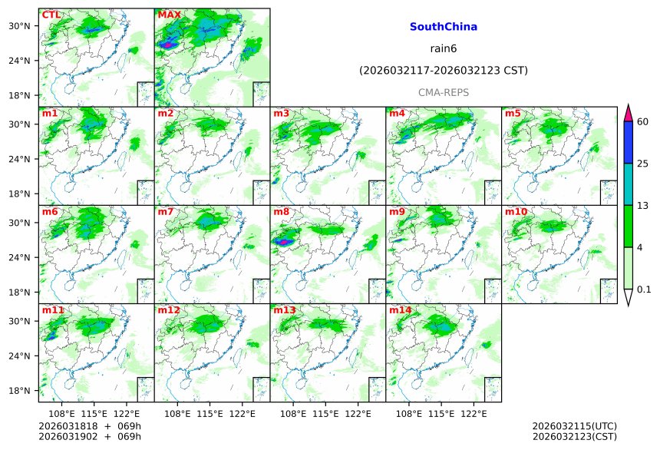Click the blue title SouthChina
(x=443, y=27)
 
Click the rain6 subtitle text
(x=443, y=48)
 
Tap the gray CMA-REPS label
(x=443, y=92)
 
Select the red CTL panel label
(x=51, y=15)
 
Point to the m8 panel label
(x=281, y=211)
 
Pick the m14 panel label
(x=400, y=309)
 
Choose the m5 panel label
(x=513, y=113)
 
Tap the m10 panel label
(x=516, y=211)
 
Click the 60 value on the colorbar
(x=642, y=121)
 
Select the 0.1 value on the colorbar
(x=644, y=290)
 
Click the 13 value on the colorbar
(x=642, y=205)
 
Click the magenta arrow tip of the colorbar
(x=628, y=112)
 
